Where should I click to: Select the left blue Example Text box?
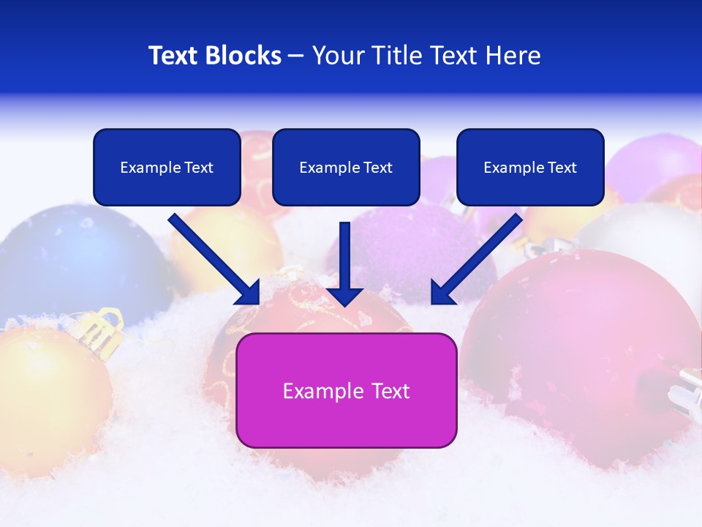[x=167, y=167]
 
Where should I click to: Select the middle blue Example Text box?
[x=346, y=167]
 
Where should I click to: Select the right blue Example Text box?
[x=530, y=167]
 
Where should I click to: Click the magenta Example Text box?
[x=346, y=390]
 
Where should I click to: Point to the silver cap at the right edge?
[x=687, y=392]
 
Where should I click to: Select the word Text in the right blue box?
[x=562, y=167]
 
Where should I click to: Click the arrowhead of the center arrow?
[x=345, y=295]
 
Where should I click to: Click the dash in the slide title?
[x=296, y=56]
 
